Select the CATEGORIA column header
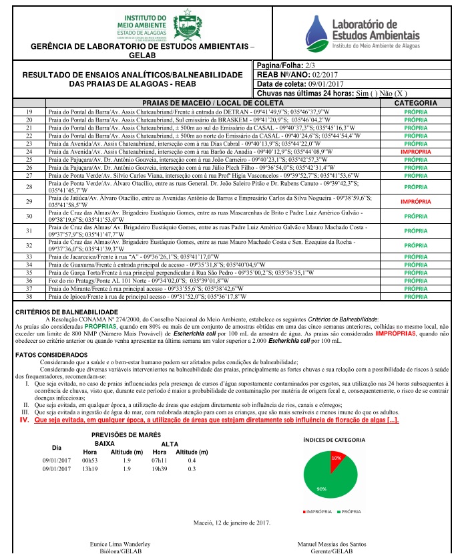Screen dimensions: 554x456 click(x=415, y=103)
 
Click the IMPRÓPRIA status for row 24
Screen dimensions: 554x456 click(x=415, y=152)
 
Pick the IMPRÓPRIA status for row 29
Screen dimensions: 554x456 click(x=415, y=201)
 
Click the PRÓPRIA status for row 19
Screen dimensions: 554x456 click(x=415, y=112)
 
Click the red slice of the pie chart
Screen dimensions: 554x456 click(x=336, y=459)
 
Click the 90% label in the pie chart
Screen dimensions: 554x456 click(x=321, y=489)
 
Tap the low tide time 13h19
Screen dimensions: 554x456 click(x=89, y=469)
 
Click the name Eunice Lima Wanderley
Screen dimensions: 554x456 click(x=120, y=545)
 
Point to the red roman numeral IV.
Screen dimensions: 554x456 click(x=25, y=420)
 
